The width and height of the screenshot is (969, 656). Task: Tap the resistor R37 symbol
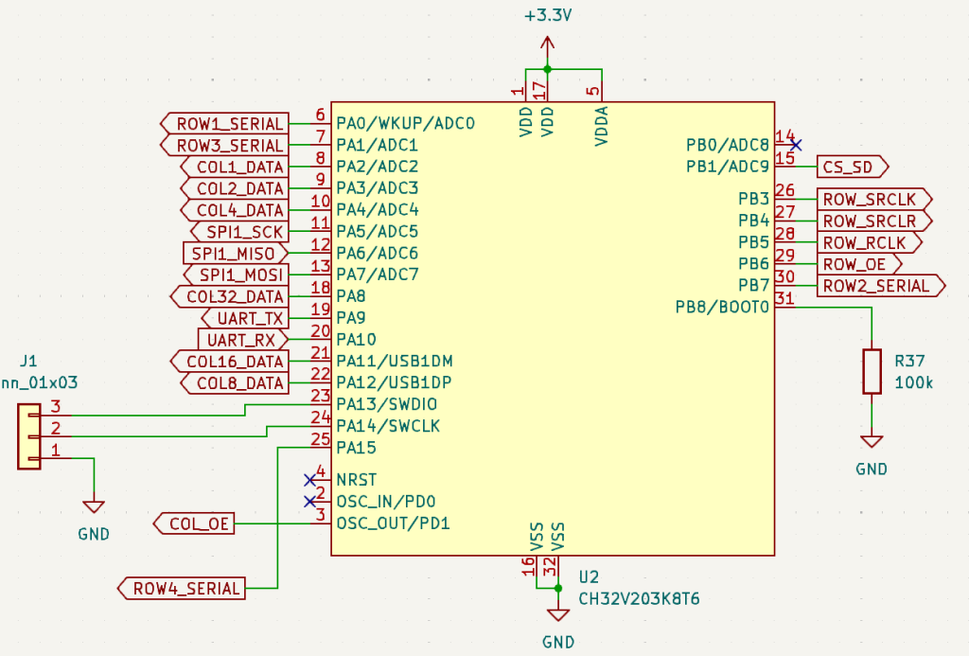tap(872, 371)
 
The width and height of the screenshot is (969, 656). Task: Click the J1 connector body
tap(29, 435)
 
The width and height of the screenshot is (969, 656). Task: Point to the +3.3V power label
tap(547, 17)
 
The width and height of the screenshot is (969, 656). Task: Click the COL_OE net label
tap(195, 523)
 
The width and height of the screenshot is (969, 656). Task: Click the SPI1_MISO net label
tap(233, 254)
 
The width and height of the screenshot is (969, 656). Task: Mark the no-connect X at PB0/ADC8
tap(796, 145)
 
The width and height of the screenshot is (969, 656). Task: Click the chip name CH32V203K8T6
tap(639, 599)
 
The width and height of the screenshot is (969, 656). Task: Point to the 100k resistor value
tap(913, 382)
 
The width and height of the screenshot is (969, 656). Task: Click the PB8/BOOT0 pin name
tap(722, 307)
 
